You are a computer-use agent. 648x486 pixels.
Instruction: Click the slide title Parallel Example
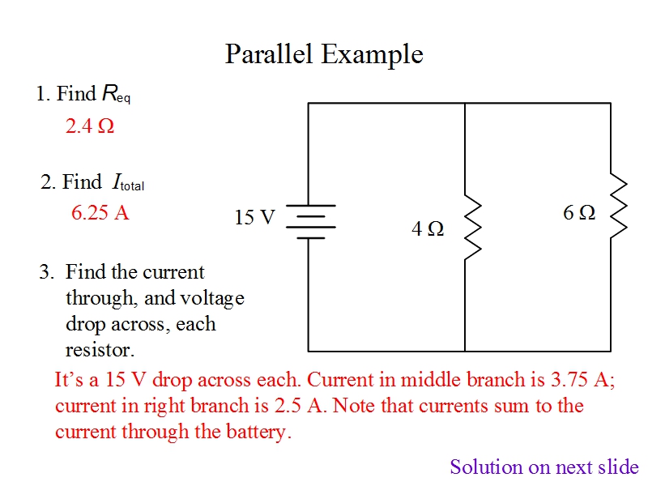tap(324, 54)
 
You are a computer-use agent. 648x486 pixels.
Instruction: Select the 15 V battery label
tap(254, 217)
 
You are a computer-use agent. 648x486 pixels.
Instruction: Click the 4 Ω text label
tap(428, 229)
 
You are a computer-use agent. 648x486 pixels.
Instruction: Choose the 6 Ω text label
tap(579, 212)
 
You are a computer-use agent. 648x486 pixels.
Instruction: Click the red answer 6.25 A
tap(100, 213)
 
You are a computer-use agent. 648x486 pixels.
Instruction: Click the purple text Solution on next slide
tap(544, 467)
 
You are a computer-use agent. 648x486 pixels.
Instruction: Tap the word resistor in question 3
tap(98, 350)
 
